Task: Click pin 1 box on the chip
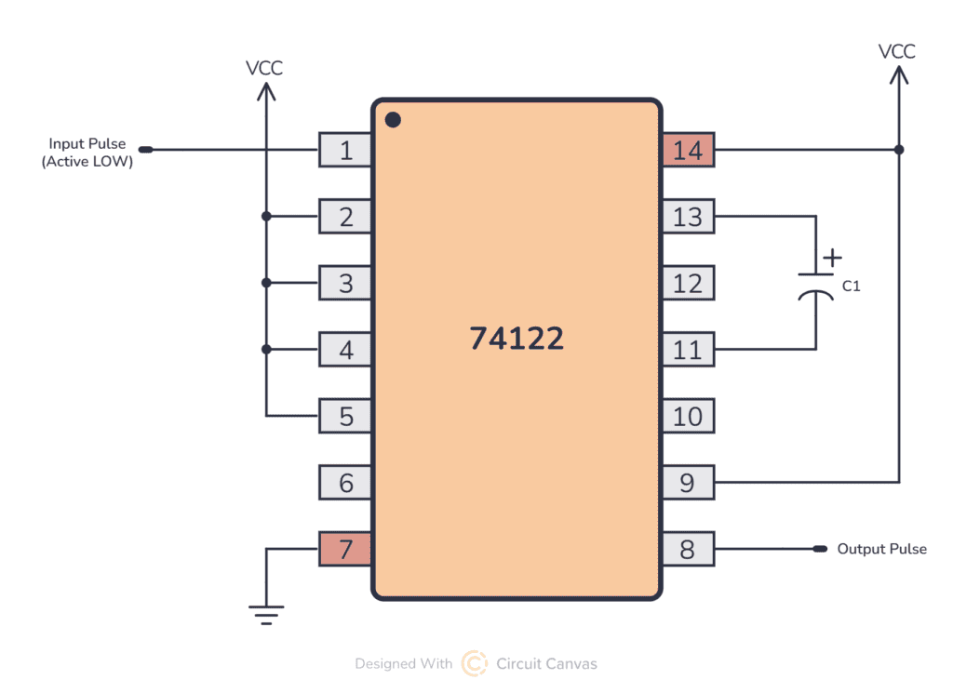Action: pos(345,150)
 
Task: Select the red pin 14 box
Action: pos(688,150)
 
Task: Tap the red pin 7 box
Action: pos(345,549)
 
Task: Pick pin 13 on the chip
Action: pos(688,217)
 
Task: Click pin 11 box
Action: pos(688,350)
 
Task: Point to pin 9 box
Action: pos(688,482)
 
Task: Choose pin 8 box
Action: pos(688,549)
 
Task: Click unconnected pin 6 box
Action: pos(345,482)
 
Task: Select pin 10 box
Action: pos(688,416)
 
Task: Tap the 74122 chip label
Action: pos(517,338)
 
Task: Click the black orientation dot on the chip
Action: pos(393,119)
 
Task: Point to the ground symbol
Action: pos(266,614)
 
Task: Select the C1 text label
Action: pos(851,287)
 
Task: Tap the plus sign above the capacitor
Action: pos(833,256)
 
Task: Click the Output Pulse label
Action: pos(881,549)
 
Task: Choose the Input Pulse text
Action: pos(87,144)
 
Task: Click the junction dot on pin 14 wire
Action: pos(898,150)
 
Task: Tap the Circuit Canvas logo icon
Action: pos(475,663)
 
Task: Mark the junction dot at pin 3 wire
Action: pos(266,283)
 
